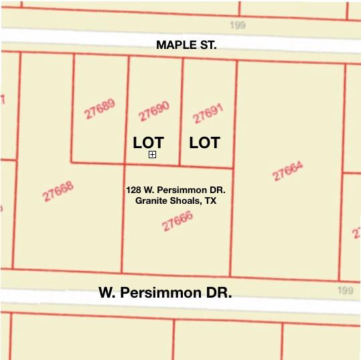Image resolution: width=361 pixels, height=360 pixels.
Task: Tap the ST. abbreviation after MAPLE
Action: [207, 45]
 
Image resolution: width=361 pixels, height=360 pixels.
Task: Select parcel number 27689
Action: [100, 109]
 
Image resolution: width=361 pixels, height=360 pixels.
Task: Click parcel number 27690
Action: [154, 111]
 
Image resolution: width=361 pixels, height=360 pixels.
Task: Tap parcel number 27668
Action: [58, 192]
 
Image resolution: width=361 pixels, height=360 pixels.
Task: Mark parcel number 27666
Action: [177, 221]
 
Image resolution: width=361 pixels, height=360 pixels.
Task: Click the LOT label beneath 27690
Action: [148, 143]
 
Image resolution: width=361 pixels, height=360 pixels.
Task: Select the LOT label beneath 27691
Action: [204, 143]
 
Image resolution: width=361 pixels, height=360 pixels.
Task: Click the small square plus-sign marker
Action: [153, 155]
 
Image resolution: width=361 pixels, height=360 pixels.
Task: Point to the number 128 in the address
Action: [133, 190]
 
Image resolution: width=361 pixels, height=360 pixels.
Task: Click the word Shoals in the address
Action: [184, 200]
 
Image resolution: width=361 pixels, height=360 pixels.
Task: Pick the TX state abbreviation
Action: [210, 200]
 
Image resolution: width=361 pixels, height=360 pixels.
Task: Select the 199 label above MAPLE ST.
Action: [238, 25]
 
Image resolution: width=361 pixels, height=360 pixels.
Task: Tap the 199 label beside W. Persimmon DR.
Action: [345, 290]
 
